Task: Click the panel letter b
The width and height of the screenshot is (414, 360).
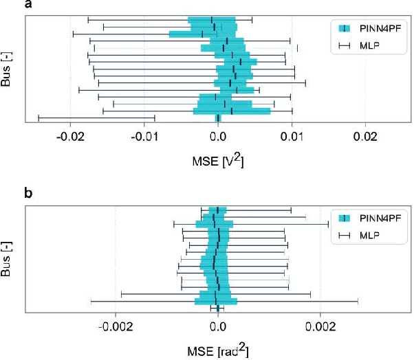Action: coord(29,194)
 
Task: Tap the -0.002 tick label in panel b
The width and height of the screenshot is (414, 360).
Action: coord(114,326)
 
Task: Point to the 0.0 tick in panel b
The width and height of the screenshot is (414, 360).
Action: coord(218,326)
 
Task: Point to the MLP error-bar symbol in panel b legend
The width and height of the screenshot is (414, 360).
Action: coord(345,236)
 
